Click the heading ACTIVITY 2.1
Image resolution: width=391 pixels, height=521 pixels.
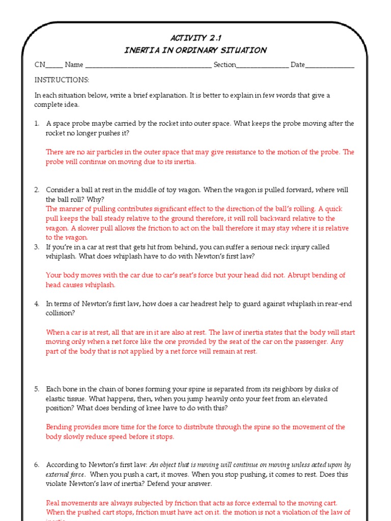[x=195, y=38]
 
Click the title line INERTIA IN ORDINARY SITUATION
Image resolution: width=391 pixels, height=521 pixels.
[x=195, y=50]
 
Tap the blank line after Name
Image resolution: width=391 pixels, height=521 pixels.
[x=148, y=66]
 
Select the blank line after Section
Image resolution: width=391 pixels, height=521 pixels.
[x=263, y=66]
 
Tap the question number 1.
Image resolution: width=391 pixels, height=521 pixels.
[x=37, y=124]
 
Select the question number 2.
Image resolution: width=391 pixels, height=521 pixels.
[x=37, y=190]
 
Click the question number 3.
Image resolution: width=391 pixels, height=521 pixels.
[x=37, y=247]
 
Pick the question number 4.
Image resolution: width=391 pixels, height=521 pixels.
[x=37, y=304]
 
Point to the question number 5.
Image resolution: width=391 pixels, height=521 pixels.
[x=37, y=389]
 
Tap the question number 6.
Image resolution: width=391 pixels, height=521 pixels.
[x=37, y=465]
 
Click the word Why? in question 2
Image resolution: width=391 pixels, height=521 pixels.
[x=94, y=199]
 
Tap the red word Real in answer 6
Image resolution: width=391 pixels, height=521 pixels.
[x=53, y=503]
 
